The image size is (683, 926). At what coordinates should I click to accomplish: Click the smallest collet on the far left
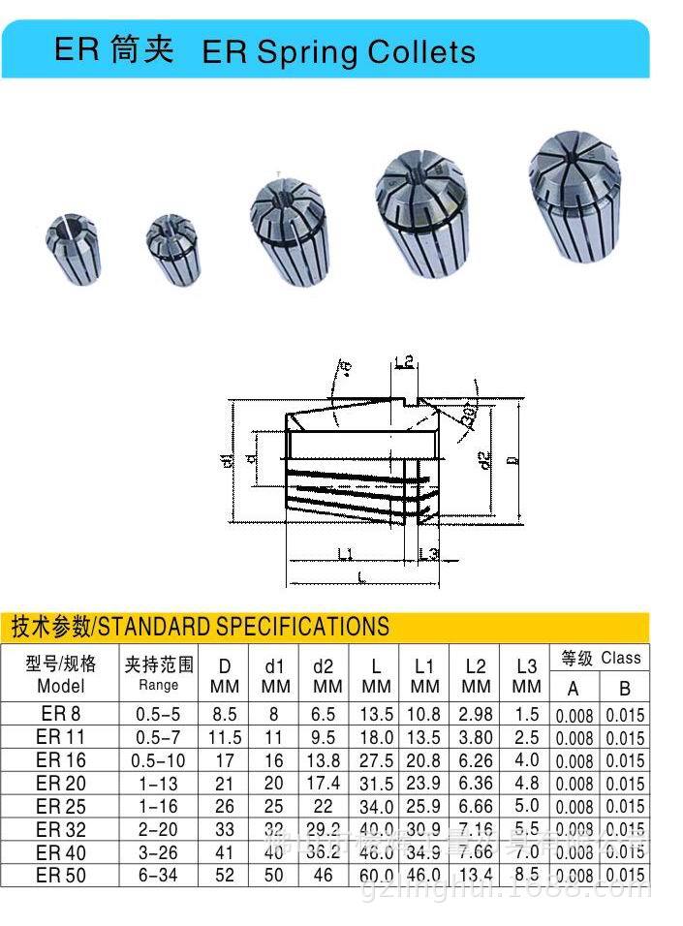point(73,246)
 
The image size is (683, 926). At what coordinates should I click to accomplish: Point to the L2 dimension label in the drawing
point(405,362)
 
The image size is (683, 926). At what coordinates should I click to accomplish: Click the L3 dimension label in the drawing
point(428,553)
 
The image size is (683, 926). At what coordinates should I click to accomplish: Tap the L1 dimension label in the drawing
point(345,553)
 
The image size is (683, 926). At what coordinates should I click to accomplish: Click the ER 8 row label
point(61,715)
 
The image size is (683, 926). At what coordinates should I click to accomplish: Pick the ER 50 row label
point(61,876)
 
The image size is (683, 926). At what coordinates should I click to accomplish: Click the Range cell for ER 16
point(159,760)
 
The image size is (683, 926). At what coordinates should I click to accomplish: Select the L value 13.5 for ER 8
point(376,715)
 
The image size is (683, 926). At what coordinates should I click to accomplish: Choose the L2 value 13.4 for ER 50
point(475,876)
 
